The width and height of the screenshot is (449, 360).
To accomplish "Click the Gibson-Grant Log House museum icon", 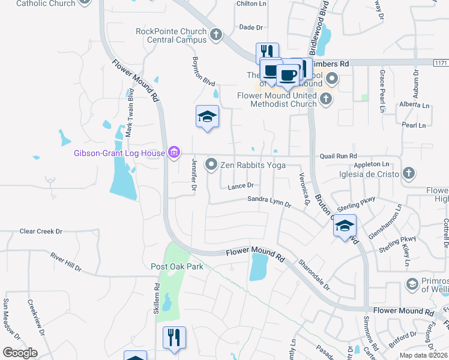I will pos(174,153).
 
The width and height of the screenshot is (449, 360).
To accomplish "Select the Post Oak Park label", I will pos(176,266).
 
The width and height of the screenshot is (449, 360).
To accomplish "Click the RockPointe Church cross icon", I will pos(217,35).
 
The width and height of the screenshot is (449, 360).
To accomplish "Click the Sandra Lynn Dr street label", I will pos(269,202).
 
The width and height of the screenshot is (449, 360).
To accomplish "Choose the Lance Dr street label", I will pos(241,187).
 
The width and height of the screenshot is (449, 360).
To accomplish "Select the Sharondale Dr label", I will pos(315,274).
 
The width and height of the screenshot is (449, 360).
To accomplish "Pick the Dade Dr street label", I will pos(251,28).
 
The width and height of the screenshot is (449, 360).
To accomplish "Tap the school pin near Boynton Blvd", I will pos(207,117).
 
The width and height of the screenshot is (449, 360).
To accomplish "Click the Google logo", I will pos(20,353).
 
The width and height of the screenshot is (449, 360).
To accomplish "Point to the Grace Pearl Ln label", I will pos(382,90).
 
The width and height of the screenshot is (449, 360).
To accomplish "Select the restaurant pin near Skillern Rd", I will pos(174,337).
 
